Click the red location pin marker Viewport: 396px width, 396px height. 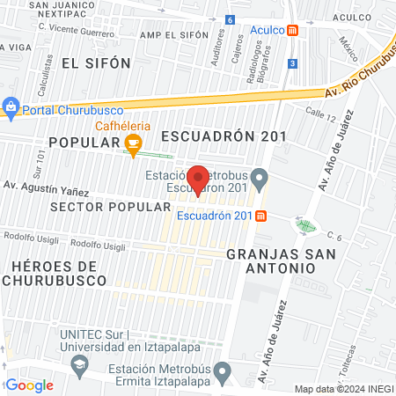(x=199, y=180)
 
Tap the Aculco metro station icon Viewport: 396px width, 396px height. (x=304, y=29)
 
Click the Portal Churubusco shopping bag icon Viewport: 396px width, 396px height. (x=11, y=108)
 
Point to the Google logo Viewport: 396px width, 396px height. (x=29, y=385)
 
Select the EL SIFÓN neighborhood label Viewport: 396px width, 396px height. (x=96, y=62)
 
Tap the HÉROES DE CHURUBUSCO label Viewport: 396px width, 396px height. (x=54, y=273)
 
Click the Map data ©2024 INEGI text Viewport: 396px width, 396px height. (x=342, y=388)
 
